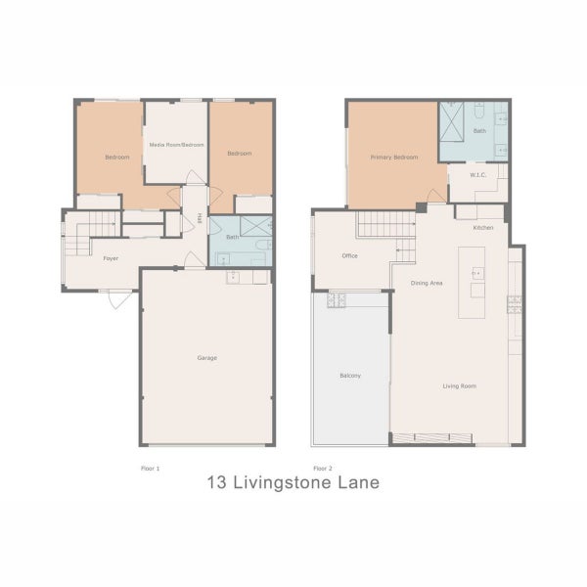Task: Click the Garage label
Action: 206,358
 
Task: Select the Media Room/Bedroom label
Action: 176,144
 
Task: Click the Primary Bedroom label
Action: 394,157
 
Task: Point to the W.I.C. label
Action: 478,175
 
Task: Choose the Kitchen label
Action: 483,227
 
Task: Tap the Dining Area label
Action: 427,283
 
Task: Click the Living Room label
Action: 459,386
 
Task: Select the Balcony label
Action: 350,375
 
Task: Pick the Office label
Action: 349,256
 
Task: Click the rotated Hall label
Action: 200,219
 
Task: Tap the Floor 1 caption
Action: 150,469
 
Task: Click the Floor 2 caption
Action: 322,469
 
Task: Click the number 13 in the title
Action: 218,483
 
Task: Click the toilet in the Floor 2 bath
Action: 480,110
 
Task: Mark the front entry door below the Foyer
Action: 118,298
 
